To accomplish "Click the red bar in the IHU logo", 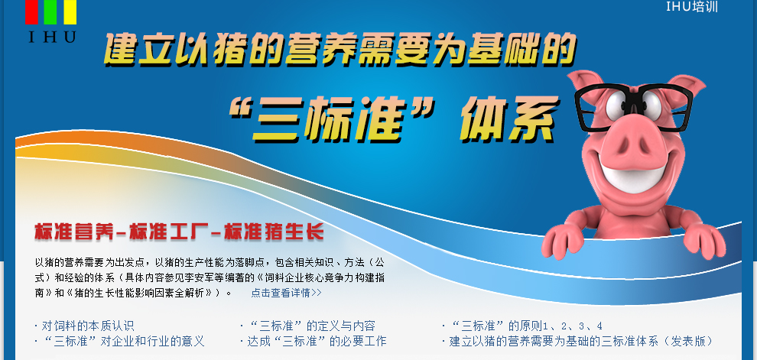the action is [31, 11].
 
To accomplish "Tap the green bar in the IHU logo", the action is [50, 11].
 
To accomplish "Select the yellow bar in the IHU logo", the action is [70, 11].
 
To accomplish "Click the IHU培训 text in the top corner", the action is [692, 7].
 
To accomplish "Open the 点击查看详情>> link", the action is [286, 293].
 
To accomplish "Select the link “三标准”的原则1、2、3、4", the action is [522, 326].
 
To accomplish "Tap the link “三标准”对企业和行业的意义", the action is [120, 342].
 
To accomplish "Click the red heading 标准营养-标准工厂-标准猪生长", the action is [179, 232].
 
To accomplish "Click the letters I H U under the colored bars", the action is [52, 37].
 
